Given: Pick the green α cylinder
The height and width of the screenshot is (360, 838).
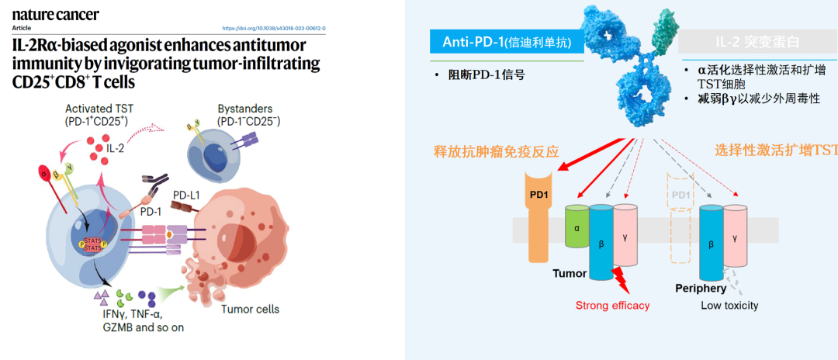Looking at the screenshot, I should [x=577, y=227].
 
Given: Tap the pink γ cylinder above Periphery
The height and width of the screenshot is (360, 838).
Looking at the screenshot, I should [x=734, y=232].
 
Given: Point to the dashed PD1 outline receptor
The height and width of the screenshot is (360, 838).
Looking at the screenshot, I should [x=679, y=226].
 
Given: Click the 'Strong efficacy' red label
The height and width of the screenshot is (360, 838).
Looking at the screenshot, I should [x=612, y=306].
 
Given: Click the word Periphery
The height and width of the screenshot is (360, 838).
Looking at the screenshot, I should [x=700, y=289].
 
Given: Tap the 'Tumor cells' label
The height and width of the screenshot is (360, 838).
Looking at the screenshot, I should [x=251, y=309].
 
